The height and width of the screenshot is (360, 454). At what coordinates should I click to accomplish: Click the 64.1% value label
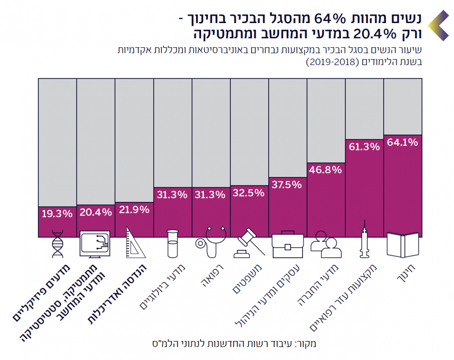point(403,143)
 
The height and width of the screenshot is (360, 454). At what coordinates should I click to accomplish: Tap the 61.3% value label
point(364,147)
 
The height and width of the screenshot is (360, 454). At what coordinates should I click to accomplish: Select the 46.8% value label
point(326,169)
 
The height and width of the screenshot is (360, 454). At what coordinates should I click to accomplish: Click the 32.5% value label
point(249,193)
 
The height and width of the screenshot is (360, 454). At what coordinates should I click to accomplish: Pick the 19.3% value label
point(57,214)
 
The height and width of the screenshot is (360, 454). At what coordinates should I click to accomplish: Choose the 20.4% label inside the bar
point(96,212)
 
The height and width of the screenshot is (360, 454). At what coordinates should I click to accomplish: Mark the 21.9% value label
point(134,209)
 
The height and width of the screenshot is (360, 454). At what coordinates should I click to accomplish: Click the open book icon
point(403,245)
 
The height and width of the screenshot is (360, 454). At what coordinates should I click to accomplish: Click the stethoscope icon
point(210,242)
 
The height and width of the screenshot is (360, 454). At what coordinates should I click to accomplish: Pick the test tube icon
point(173,244)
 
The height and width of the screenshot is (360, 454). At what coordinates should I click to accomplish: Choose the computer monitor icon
point(95,244)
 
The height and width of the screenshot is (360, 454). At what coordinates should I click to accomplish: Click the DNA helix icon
point(58,244)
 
